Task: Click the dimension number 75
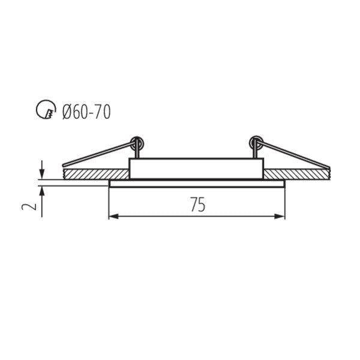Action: click(x=197, y=205)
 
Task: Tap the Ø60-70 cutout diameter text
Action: click(x=86, y=111)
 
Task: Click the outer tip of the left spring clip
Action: click(x=63, y=165)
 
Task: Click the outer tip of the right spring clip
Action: click(x=329, y=166)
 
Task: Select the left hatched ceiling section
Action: click(x=96, y=173)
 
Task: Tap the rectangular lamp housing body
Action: click(x=196, y=169)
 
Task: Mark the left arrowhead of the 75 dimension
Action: click(x=112, y=215)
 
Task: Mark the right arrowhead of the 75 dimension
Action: click(x=281, y=215)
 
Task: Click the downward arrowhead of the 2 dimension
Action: click(x=41, y=174)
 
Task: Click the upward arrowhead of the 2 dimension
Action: click(x=41, y=190)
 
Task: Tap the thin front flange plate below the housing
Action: click(x=196, y=184)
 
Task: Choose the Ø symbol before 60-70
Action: click(x=68, y=111)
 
